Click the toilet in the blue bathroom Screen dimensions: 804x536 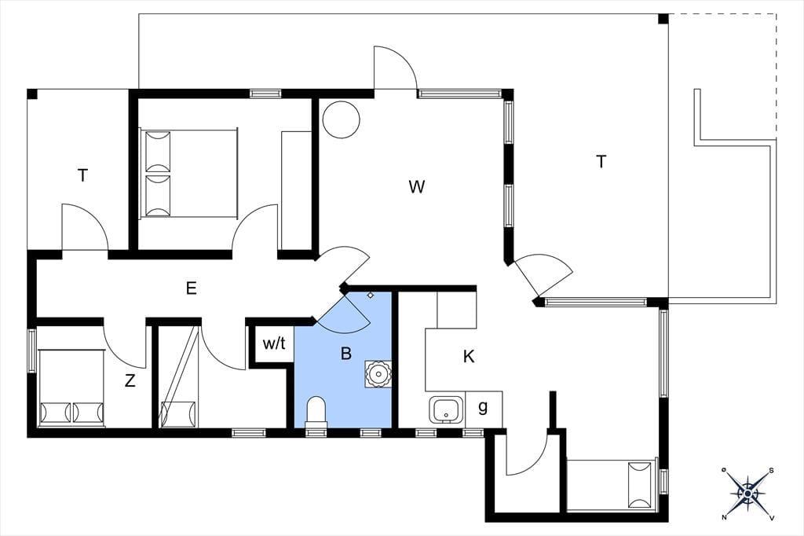316,411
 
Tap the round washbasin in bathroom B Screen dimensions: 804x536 378,373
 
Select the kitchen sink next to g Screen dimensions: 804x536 446,409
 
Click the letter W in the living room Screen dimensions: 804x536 416,186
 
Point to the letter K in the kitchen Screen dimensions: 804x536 469,356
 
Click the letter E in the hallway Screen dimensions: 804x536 192,288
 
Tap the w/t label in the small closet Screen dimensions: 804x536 274,343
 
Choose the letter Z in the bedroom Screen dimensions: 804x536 130,380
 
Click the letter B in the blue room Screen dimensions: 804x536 346,353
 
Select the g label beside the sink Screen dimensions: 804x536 483,407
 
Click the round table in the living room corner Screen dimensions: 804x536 341,119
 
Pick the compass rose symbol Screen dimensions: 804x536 747,494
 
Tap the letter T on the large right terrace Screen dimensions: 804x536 601,162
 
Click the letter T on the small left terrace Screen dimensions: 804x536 82,175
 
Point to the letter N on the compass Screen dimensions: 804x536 724,517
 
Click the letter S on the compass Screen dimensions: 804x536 771,470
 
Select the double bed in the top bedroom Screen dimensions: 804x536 188,174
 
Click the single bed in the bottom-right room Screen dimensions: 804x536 611,485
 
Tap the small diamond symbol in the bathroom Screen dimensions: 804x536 371,296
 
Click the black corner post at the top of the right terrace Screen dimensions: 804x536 663,19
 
